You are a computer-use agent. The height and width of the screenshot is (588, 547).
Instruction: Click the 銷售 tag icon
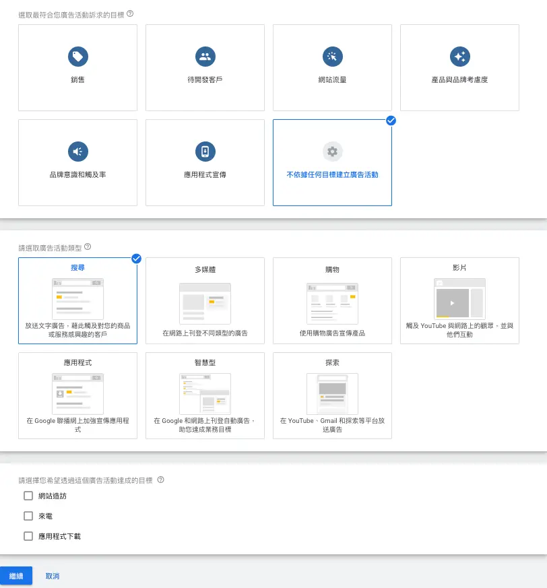[x=78, y=57]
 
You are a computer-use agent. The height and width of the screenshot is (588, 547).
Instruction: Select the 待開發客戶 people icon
[x=205, y=57]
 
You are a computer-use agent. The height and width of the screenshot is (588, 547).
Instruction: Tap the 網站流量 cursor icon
[x=332, y=57]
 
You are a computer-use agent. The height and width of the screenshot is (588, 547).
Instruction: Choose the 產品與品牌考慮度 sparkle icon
[x=460, y=57]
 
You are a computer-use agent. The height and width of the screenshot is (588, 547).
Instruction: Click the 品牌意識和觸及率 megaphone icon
[x=78, y=152]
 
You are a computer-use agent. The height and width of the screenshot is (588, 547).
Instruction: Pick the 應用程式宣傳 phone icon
[x=205, y=152]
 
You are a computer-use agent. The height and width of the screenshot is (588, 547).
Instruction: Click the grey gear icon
[x=332, y=152]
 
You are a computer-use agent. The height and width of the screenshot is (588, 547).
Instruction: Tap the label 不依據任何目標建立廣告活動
[x=332, y=174]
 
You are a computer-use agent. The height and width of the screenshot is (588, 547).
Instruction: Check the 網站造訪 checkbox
[x=28, y=496]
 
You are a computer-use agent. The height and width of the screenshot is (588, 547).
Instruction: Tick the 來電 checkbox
[x=28, y=516]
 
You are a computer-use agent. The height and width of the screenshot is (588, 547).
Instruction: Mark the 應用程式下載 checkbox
[x=28, y=536]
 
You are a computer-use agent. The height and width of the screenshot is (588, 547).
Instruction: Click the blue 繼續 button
[x=16, y=576]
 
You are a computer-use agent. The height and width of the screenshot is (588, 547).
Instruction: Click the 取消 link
[x=53, y=576]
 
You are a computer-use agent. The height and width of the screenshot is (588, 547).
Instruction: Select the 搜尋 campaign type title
[x=77, y=268]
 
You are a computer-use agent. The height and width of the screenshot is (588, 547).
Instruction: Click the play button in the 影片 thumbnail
[x=453, y=303]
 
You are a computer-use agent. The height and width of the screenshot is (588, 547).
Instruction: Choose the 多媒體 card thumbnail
[x=205, y=304]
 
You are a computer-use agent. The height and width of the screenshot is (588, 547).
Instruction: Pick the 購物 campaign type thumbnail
[x=332, y=304]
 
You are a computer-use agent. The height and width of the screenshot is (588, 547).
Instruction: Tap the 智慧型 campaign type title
[x=205, y=362]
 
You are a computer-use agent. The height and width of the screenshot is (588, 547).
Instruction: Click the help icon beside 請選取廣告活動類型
[x=88, y=247]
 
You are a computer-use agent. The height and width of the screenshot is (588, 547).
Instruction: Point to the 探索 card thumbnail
[x=332, y=394]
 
